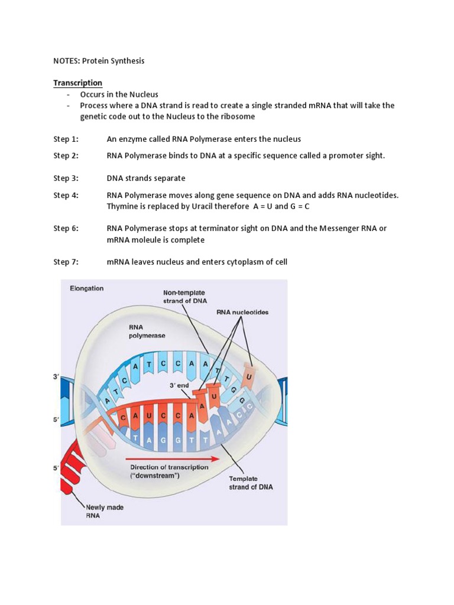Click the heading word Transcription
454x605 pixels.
click(77, 83)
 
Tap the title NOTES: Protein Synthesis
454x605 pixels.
click(99, 60)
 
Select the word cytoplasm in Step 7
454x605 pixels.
click(247, 262)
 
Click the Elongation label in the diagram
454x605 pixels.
click(86, 288)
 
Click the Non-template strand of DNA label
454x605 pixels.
click(184, 296)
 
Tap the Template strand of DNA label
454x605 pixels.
click(251, 483)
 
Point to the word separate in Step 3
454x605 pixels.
click(167, 178)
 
